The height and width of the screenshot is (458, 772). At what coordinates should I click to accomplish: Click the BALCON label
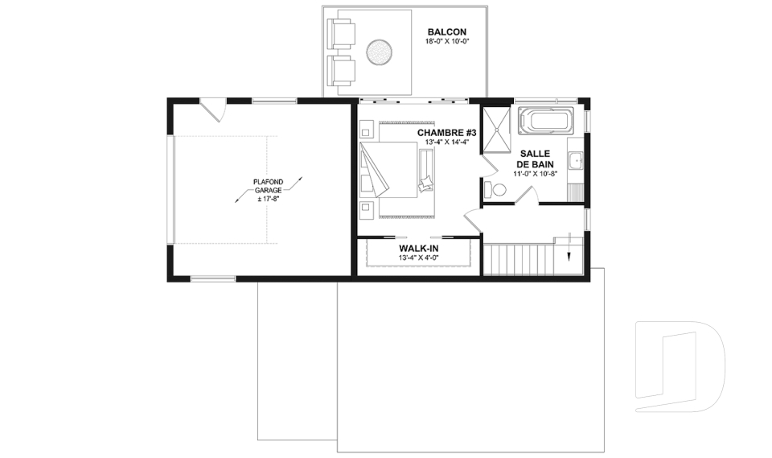tap(446, 32)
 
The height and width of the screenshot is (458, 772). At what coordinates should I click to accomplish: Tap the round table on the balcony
tap(379, 52)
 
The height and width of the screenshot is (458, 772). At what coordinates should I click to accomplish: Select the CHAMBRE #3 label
tap(446, 133)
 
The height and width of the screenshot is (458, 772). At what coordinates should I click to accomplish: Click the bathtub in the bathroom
tap(546, 122)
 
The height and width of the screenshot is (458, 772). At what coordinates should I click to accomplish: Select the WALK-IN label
tap(418, 249)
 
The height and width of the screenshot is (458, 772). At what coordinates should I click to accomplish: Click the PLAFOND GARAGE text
tap(269, 186)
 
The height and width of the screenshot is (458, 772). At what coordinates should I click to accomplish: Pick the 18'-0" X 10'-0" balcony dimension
tap(446, 41)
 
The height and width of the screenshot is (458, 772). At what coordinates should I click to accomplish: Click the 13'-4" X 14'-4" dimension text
tap(446, 142)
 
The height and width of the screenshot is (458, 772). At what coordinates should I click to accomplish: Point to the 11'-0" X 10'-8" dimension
tap(536, 174)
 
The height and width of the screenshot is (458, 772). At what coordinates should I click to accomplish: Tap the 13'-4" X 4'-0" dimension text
tap(418, 258)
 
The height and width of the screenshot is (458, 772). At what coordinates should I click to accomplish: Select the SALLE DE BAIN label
tap(536, 159)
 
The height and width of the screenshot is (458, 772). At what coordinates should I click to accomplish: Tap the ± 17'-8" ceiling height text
tap(269, 199)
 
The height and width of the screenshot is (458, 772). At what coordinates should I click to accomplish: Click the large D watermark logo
tap(680, 367)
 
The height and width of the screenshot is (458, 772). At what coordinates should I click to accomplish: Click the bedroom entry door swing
tap(473, 219)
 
